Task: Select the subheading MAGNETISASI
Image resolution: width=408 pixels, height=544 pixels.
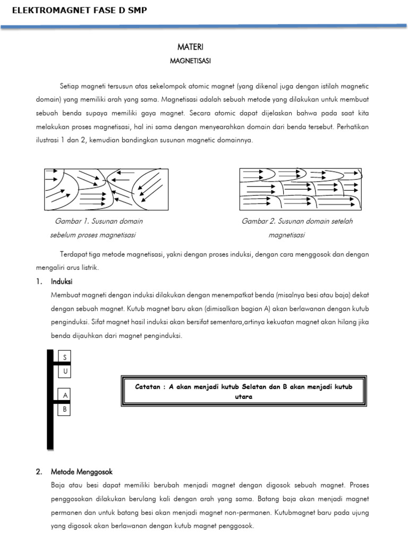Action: click(x=190, y=61)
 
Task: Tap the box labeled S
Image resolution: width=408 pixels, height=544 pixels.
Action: click(x=64, y=358)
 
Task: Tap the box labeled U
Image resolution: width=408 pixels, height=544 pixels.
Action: click(x=64, y=371)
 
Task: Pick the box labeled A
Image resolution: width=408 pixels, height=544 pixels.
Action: click(x=64, y=396)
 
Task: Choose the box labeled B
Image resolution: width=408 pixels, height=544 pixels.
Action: click(x=64, y=409)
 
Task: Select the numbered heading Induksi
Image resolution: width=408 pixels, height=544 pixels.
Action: click(x=62, y=281)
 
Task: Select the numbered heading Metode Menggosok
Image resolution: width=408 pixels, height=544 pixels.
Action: click(x=82, y=471)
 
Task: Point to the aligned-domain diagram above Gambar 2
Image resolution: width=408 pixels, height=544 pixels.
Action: click(x=301, y=189)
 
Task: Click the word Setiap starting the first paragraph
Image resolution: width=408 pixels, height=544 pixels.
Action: click(x=69, y=86)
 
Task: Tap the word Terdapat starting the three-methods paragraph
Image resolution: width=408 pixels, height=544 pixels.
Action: click(x=72, y=254)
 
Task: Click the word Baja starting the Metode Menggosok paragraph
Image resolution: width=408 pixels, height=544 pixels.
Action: click(x=58, y=485)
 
